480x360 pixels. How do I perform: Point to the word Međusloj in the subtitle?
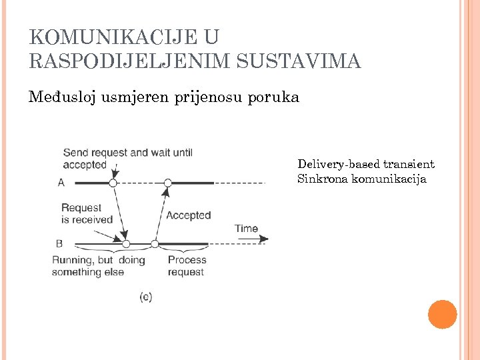pos(63,97)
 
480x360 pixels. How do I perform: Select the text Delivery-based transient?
pos(365,164)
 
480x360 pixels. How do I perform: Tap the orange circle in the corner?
pos(442,315)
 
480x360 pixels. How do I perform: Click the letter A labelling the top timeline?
pos(61,182)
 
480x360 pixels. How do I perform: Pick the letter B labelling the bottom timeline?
pos(61,244)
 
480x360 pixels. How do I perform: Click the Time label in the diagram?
pos(246,229)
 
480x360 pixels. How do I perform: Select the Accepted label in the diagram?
pos(188,215)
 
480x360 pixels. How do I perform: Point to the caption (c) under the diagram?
pos(146,296)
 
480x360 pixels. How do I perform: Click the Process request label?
pos(187,265)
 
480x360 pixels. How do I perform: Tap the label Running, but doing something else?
pos(98,265)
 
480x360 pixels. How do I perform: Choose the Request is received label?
pos(87,214)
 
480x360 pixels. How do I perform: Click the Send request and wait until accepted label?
pos(127,159)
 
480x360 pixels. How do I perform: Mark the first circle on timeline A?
pos(113,183)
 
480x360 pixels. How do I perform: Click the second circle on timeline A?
pos(168,183)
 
